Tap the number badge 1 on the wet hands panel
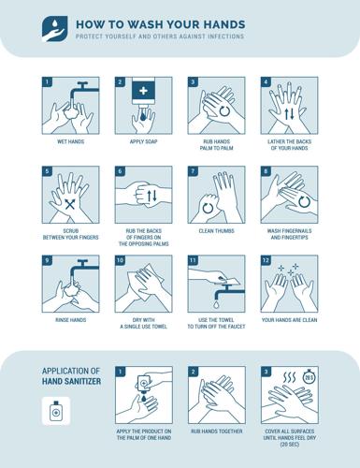47,82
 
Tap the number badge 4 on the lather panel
266,82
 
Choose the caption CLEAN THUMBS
216,229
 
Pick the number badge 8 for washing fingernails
266,172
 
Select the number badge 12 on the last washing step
266,261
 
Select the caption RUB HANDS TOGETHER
216,431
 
